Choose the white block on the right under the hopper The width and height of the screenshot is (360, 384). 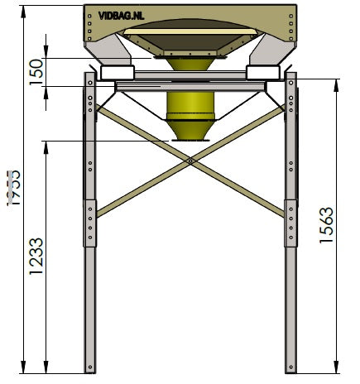click(x=262, y=73)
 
